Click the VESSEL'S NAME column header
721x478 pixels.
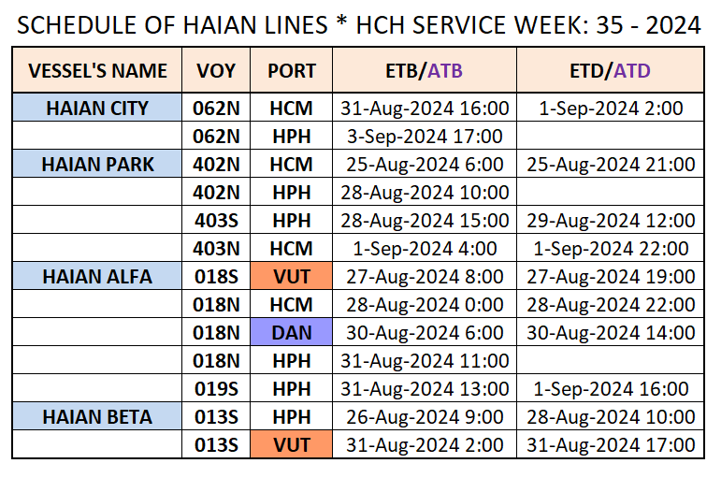click(97, 71)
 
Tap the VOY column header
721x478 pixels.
click(216, 71)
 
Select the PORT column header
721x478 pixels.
click(292, 71)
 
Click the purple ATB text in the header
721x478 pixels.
click(444, 71)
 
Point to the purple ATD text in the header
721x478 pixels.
click(632, 71)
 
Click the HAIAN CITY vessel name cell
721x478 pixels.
click(97, 108)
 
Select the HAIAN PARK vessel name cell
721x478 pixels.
click(97, 164)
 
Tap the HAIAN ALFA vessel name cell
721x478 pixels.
click(97, 276)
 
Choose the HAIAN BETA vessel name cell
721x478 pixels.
click(97, 416)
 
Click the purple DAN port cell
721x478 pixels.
click(292, 332)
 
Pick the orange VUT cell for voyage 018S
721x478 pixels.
click(292, 276)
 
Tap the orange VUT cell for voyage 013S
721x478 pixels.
click(292, 444)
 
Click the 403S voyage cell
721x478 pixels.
click(216, 221)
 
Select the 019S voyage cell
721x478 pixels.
click(216, 389)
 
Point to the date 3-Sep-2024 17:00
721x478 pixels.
click(425, 137)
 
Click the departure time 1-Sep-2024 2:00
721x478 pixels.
click(611, 109)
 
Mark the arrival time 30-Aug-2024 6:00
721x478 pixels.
click(425, 333)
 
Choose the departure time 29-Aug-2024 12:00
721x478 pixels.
click(611, 221)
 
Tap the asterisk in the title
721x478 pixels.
click(341, 22)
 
